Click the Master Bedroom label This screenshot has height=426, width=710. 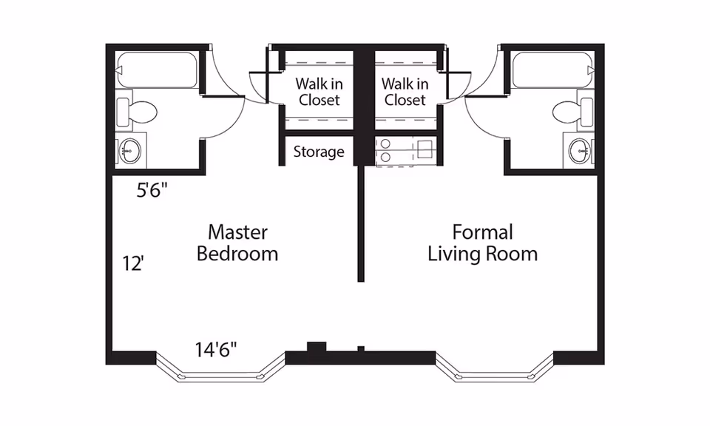[x=237, y=243]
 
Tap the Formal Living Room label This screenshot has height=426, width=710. [x=483, y=243]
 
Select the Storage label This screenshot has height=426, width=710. [x=319, y=152]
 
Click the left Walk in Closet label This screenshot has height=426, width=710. [x=319, y=92]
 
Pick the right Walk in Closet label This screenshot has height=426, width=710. [x=405, y=92]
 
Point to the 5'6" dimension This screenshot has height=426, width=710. [x=152, y=191]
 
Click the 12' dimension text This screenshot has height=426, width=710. [x=133, y=263]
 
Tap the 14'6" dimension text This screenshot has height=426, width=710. [x=216, y=349]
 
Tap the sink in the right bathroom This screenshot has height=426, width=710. [x=580, y=150]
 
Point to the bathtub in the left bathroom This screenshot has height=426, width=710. [x=157, y=70]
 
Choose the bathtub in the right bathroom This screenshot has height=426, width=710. [x=553, y=70]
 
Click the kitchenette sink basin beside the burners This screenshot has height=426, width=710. [x=425, y=149]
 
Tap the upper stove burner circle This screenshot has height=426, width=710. [x=385, y=143]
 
